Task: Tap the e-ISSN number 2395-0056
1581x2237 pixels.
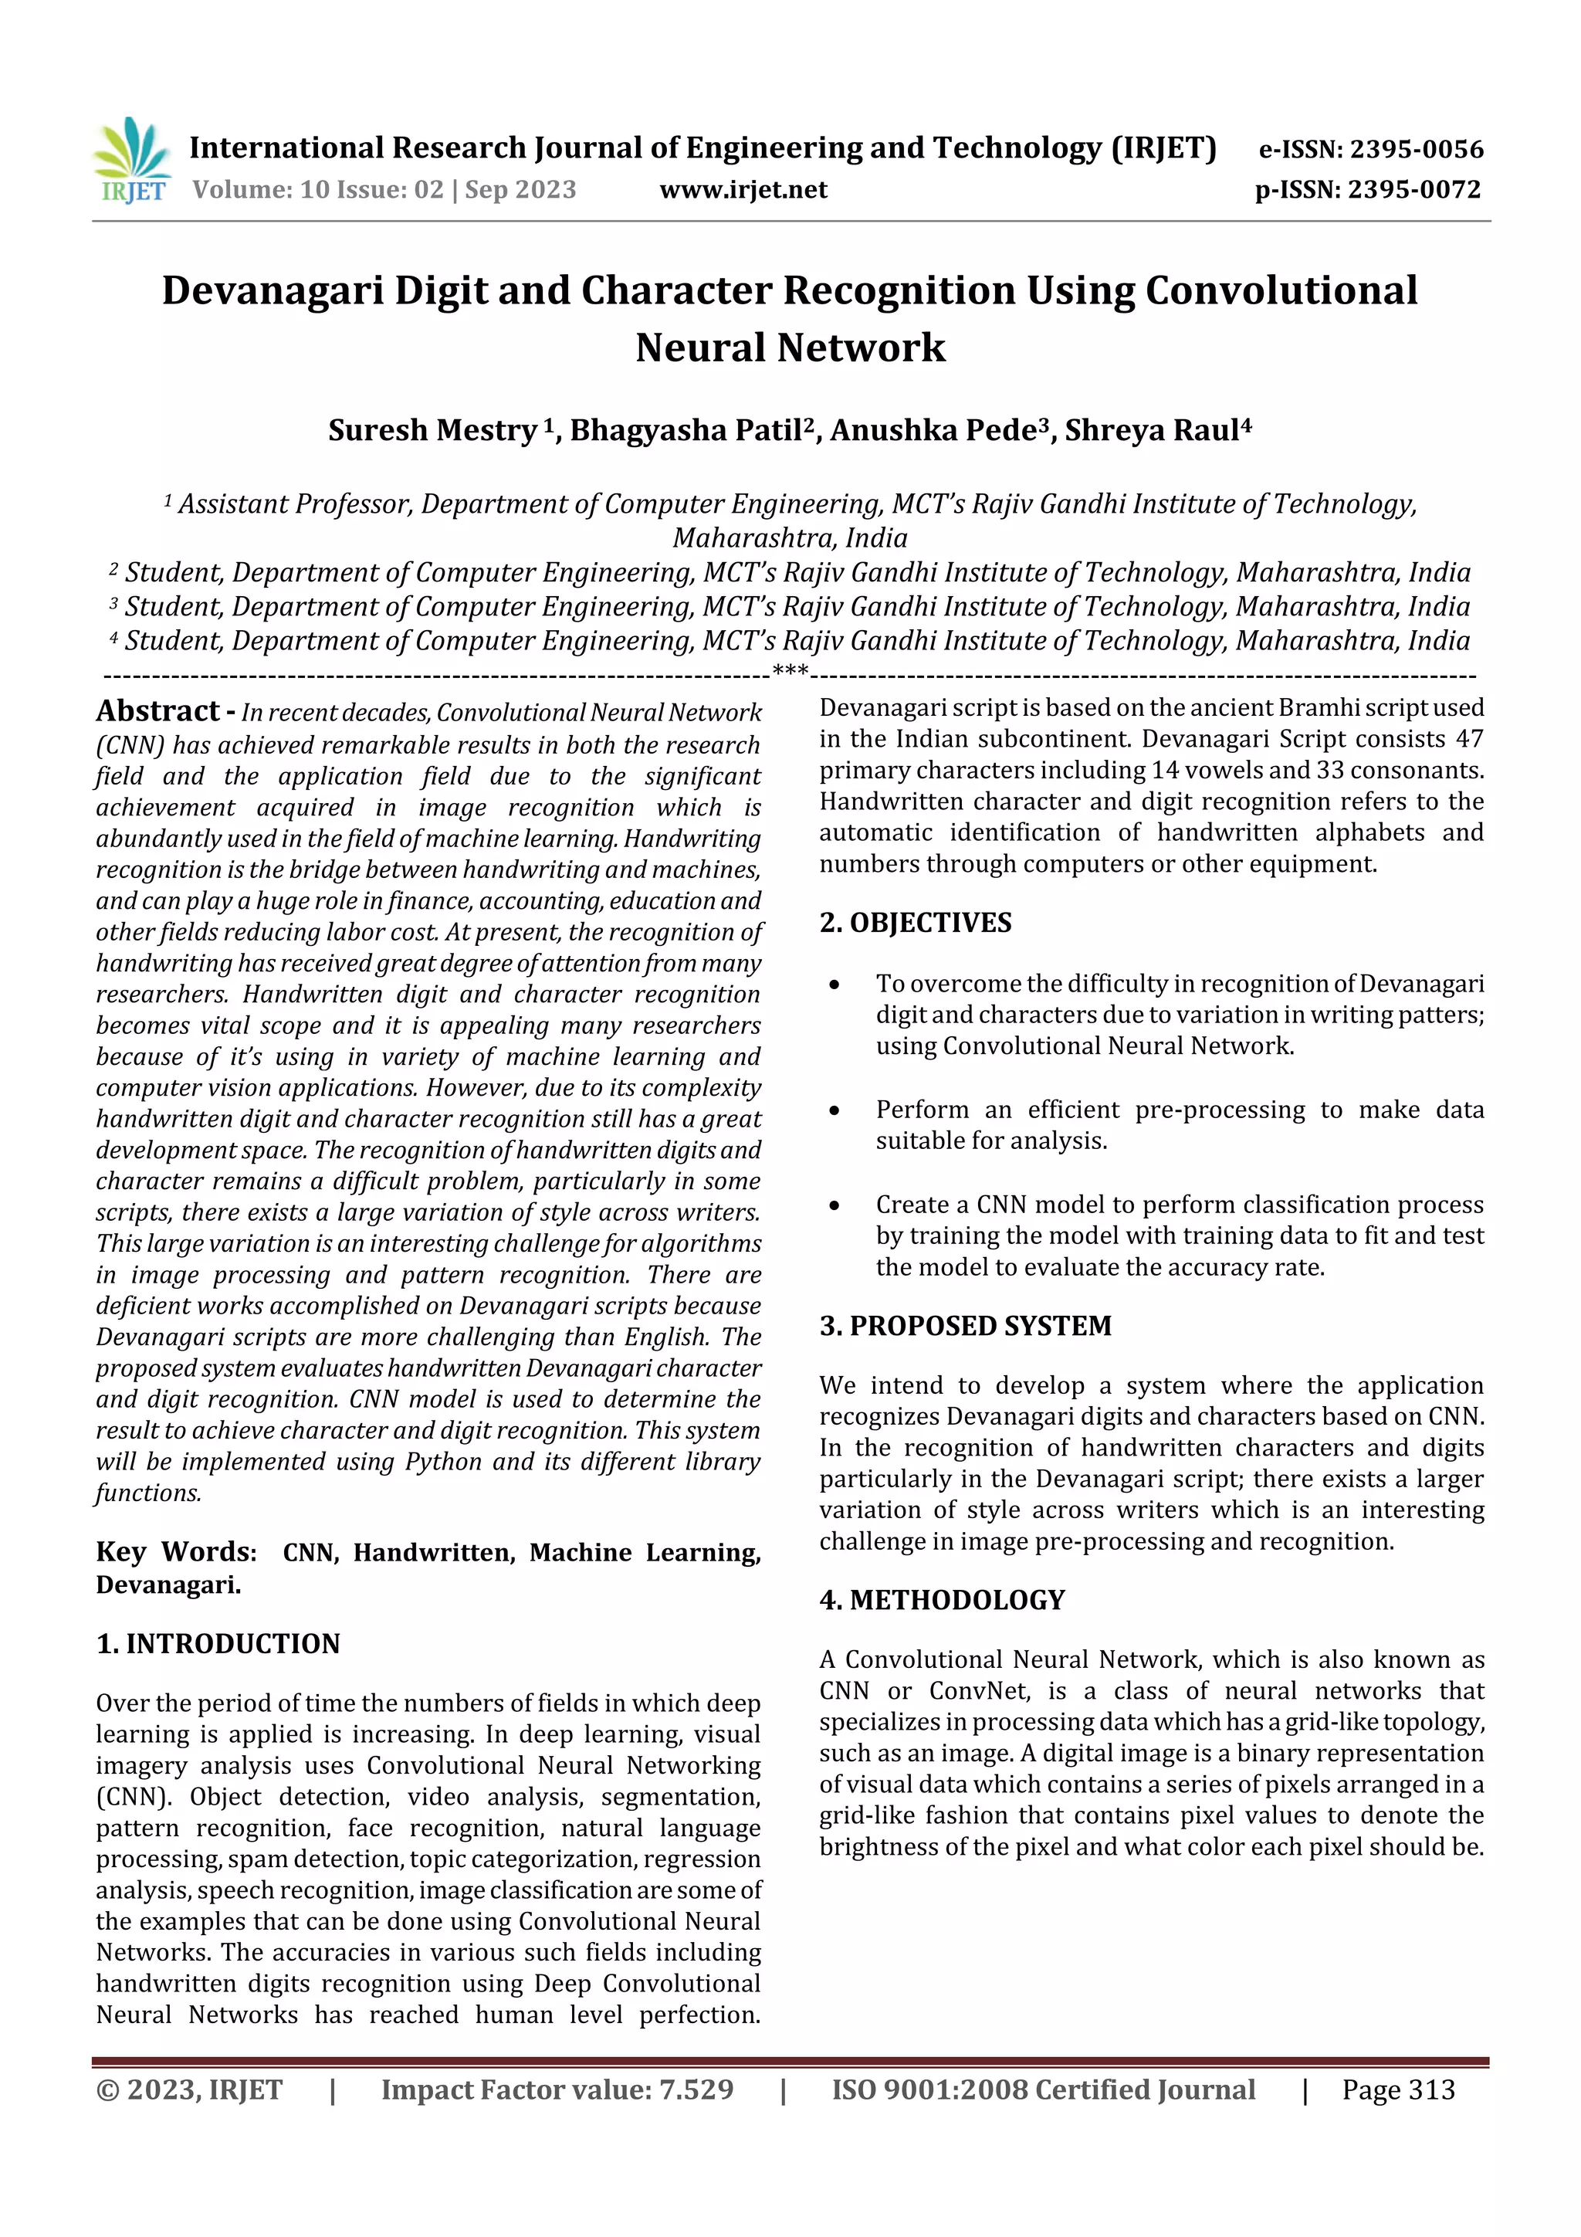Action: [1415, 150]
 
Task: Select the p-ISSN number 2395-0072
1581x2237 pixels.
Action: [1413, 190]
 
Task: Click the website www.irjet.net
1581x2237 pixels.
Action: [743, 190]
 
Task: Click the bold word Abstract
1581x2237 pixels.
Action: [157, 711]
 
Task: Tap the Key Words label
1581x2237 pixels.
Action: [175, 1552]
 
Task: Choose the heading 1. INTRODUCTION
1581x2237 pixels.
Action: [218, 1644]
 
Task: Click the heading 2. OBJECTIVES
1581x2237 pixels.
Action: [915, 923]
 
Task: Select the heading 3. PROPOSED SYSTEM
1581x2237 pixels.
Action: [964, 1326]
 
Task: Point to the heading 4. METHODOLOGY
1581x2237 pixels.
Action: [941, 1600]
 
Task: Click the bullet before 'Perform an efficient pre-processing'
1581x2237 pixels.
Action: [834, 1110]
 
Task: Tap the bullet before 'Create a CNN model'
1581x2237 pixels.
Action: [834, 1205]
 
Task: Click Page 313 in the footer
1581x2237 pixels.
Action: [1397, 2090]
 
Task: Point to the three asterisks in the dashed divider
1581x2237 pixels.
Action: [789, 671]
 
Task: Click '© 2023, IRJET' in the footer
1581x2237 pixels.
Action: [189, 2090]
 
